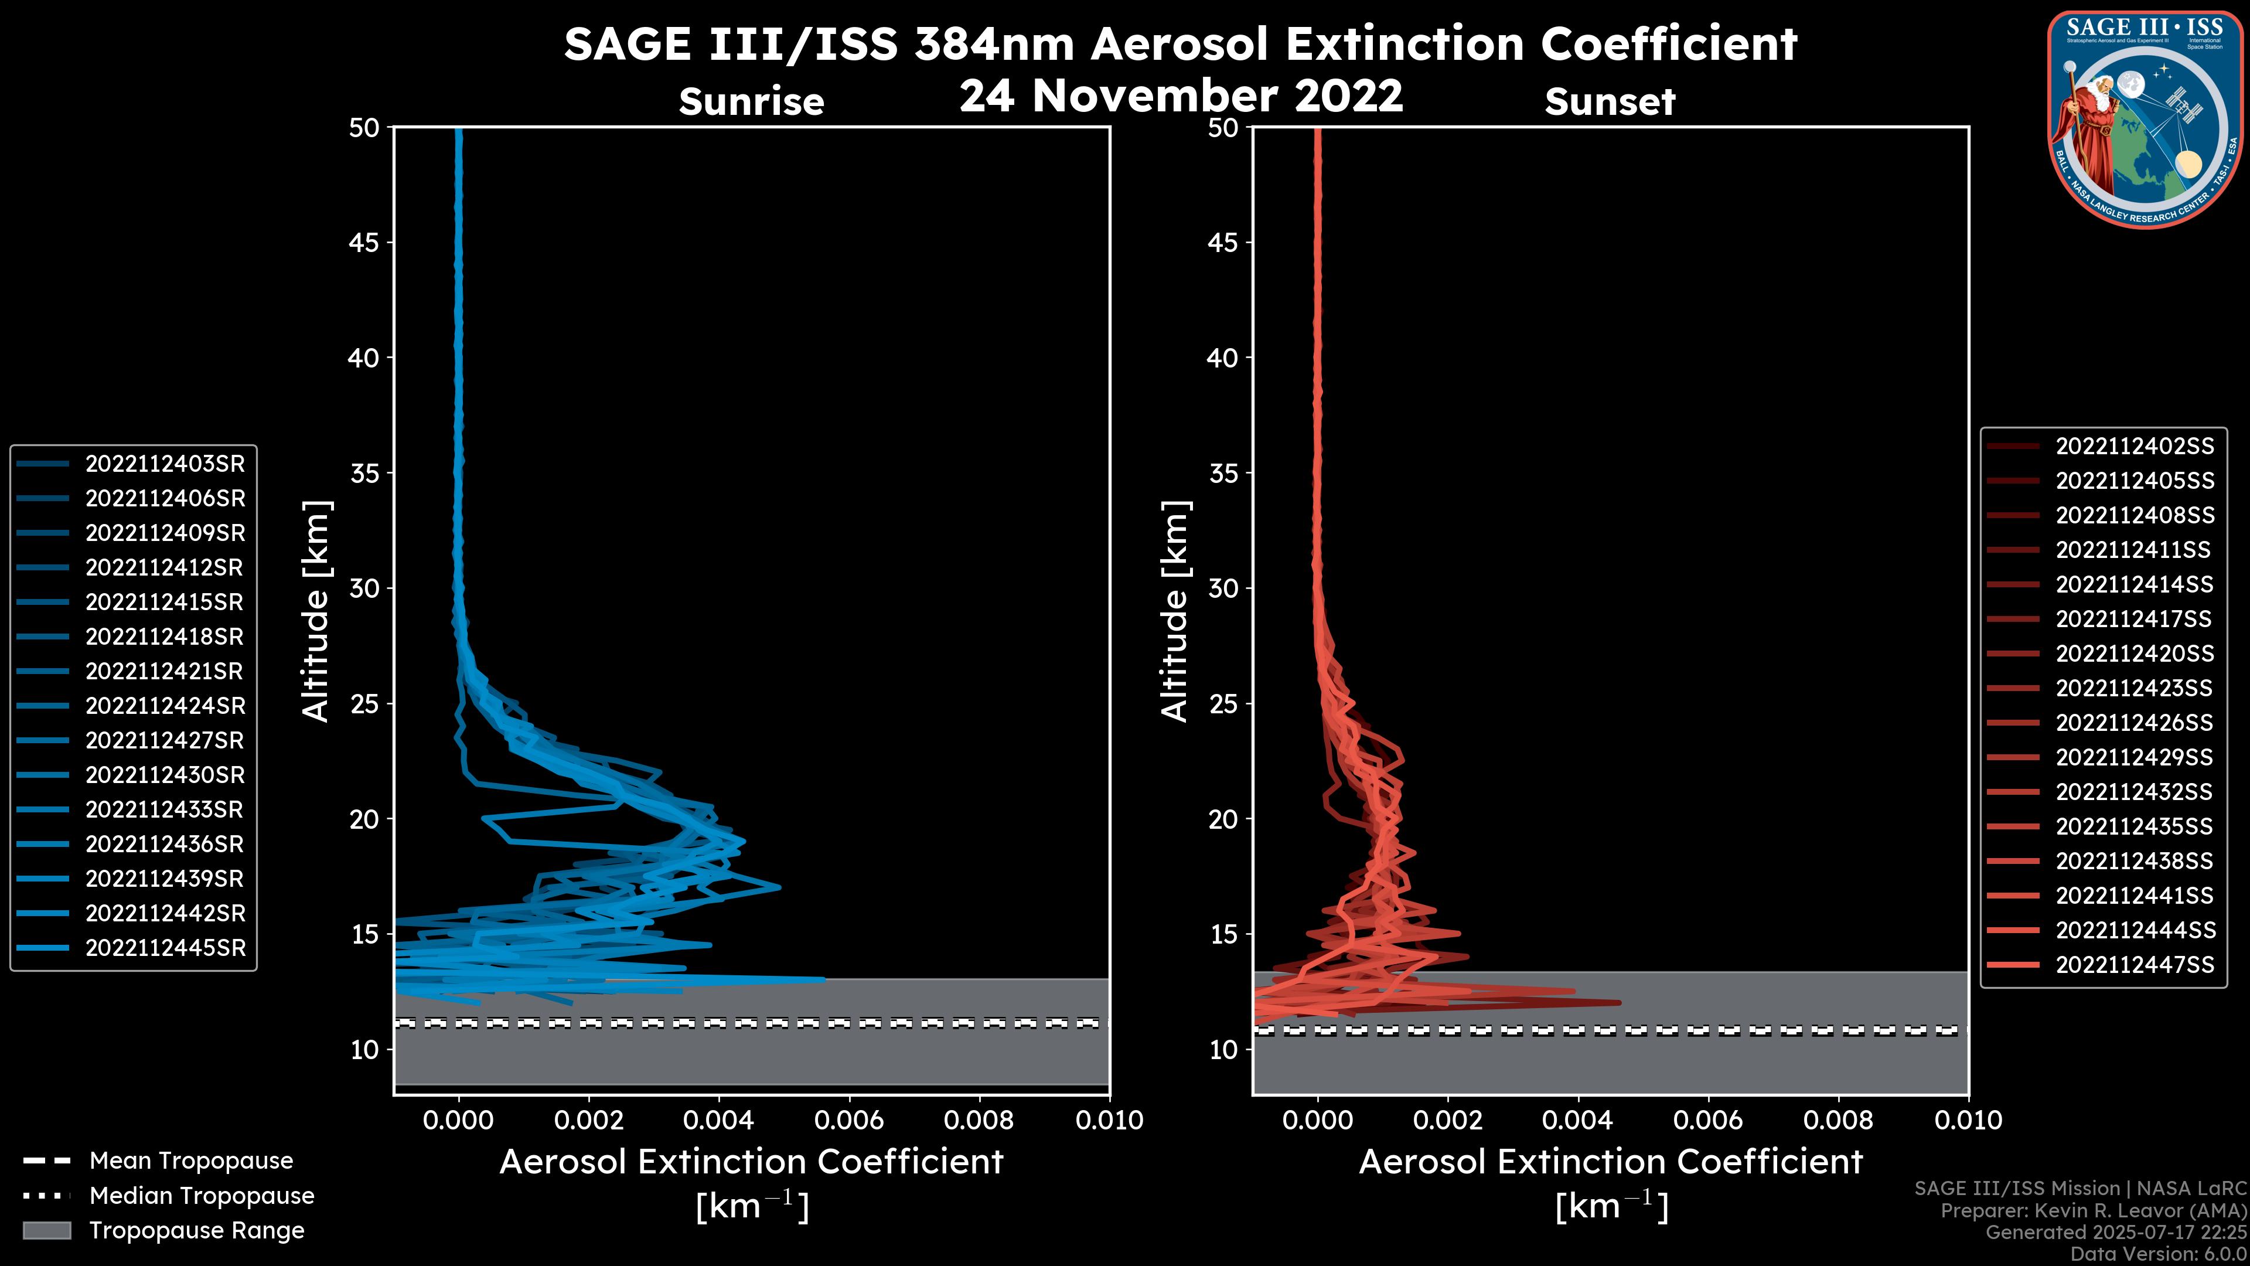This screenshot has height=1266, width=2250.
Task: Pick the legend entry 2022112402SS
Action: coord(2134,447)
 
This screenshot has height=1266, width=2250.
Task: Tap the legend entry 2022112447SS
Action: coord(2134,965)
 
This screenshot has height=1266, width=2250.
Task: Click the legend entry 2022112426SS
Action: coord(2134,723)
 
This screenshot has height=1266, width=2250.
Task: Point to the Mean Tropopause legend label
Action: coord(191,1160)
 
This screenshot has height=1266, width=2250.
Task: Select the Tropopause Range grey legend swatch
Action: coord(47,1230)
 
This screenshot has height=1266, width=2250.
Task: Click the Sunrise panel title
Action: coord(751,102)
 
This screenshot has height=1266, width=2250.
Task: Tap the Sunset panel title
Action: coord(1610,102)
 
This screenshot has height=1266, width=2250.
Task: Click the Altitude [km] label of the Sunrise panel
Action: coord(316,611)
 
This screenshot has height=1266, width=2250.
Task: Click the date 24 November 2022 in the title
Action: coord(1181,96)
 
